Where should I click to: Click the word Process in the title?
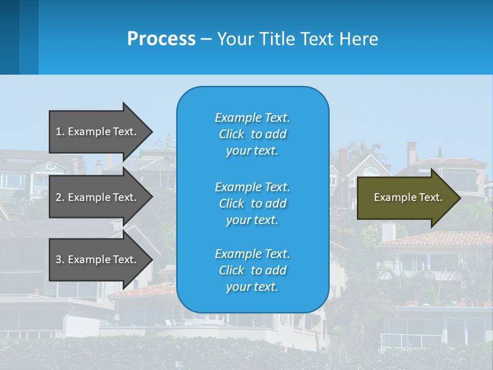tap(161, 39)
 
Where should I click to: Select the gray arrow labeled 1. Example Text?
tap(98, 132)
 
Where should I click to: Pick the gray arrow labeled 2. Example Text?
tap(98, 197)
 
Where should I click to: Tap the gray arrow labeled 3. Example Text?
tap(98, 260)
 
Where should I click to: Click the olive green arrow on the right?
tap(408, 198)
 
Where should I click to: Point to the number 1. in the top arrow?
tap(60, 132)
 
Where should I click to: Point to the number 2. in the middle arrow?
tap(60, 197)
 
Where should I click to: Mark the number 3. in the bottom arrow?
tap(60, 260)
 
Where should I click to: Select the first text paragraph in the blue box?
tap(252, 134)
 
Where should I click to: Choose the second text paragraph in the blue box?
tap(252, 203)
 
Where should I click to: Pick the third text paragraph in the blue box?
tap(252, 270)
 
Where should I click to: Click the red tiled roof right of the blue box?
tap(437, 238)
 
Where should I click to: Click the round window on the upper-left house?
tap(51, 166)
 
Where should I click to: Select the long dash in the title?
tap(206, 40)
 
